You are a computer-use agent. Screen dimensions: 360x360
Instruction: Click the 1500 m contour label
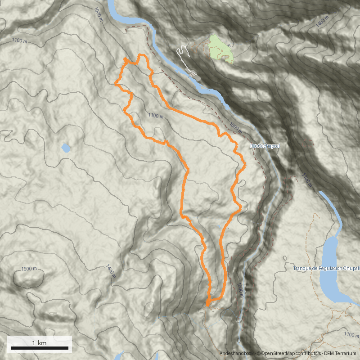29,269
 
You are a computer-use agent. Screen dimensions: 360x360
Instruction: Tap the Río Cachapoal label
265,146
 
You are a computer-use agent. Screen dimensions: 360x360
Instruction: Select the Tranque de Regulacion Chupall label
326,269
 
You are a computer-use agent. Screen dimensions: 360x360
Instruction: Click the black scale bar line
40,348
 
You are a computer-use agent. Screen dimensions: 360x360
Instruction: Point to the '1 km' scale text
40,343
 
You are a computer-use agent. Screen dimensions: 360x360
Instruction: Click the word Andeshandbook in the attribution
237,354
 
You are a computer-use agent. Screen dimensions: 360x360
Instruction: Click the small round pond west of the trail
66,148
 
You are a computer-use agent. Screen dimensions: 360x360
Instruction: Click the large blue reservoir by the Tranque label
331,270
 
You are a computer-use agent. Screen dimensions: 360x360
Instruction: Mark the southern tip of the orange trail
207,305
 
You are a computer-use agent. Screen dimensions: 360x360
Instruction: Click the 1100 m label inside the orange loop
156,116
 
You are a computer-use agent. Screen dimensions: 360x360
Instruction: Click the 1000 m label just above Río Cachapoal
235,128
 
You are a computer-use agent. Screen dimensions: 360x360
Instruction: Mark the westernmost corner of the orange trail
116,83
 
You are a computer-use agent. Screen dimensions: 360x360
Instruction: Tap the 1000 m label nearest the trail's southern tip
240,290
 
